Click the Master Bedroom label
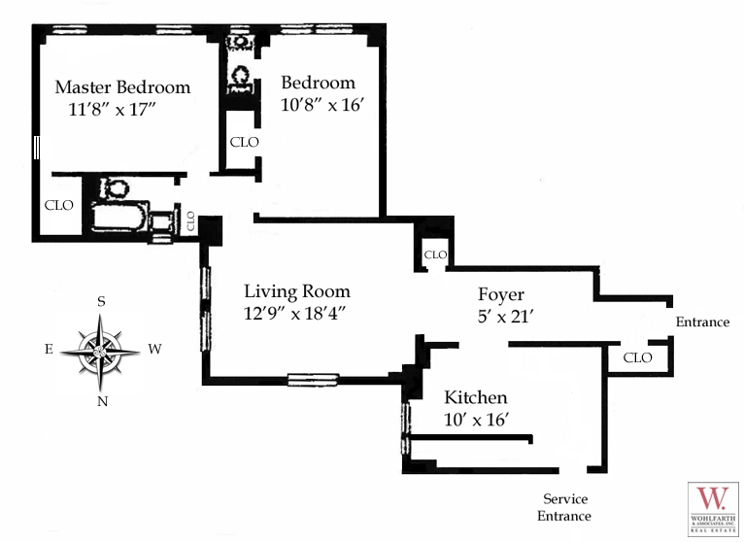point(122,86)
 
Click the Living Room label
point(296,291)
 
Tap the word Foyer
point(501,294)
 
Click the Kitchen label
point(476,398)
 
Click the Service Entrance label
point(566,507)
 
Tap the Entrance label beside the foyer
point(701,322)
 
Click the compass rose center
point(101,349)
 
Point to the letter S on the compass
point(101,302)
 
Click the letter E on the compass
point(49,349)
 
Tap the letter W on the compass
point(154,349)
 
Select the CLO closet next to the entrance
point(637,357)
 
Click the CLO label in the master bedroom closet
point(59,205)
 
